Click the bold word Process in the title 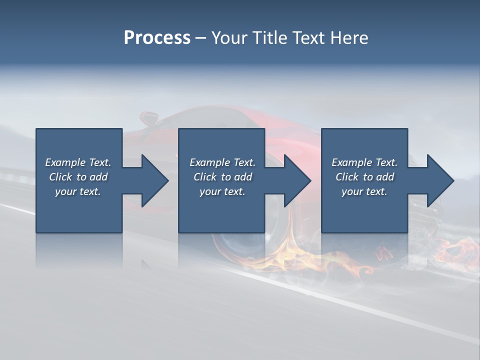coord(157,38)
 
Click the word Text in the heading coord(309,38)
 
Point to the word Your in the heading coord(229,38)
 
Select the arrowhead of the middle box coord(296,180)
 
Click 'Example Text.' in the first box coord(78,162)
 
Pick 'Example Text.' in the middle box coord(222,162)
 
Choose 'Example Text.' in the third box coord(364,162)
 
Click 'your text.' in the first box coord(78,191)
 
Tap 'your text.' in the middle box coord(222,191)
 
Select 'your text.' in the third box coord(364,191)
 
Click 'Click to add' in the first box coord(78,177)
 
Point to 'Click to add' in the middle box coord(222,177)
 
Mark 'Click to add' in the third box coord(364,177)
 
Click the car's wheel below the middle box coord(240,245)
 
